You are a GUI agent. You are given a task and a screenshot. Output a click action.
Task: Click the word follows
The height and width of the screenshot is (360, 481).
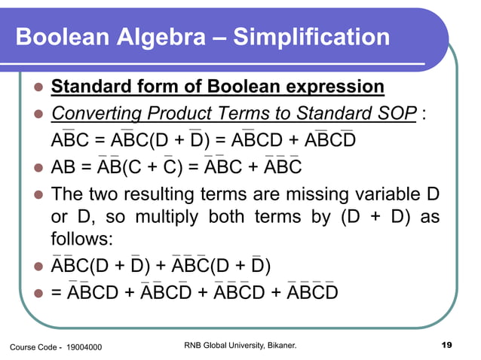81,239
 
